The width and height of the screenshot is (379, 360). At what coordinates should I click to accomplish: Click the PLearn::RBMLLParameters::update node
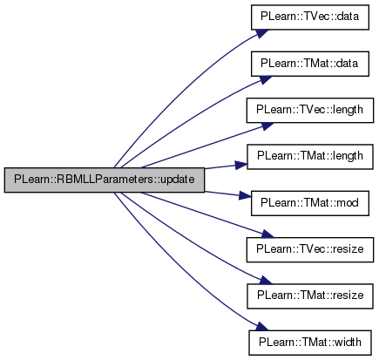(x=105, y=180)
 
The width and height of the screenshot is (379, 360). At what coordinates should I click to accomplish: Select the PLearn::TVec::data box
(x=310, y=17)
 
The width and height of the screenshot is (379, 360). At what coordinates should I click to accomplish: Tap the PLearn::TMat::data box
(x=310, y=64)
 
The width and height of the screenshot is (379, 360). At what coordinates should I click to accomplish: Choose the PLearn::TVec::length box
(x=310, y=110)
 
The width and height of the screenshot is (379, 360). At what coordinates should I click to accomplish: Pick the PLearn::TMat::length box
(x=310, y=157)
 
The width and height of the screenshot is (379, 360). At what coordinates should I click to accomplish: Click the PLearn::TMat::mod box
(x=310, y=203)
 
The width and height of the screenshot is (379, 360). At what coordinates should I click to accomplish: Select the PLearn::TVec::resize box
(x=310, y=249)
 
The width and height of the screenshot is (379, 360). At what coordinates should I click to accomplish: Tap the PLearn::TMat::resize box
(x=310, y=296)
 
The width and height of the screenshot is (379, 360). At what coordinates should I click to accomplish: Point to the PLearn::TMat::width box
(x=310, y=343)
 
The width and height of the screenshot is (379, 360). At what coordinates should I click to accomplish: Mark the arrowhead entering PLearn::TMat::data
(x=265, y=79)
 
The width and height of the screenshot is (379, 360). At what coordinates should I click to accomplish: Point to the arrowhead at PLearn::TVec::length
(x=267, y=126)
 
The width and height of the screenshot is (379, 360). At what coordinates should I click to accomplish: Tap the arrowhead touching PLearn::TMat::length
(x=241, y=165)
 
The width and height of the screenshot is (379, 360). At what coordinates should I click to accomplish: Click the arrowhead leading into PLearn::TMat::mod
(x=245, y=196)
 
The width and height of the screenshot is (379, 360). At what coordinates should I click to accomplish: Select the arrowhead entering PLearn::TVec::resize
(x=267, y=234)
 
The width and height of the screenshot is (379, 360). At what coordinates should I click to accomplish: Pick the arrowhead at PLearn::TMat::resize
(x=265, y=281)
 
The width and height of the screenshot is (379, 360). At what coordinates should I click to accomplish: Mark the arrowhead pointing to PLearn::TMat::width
(x=262, y=327)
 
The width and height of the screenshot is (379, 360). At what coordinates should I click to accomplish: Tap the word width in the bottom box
(x=348, y=342)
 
